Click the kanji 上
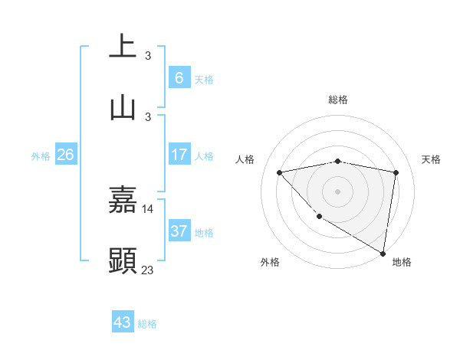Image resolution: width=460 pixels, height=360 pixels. coord(123,46)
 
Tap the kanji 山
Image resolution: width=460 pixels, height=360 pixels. coord(123,108)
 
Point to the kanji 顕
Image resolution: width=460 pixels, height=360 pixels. coord(123,260)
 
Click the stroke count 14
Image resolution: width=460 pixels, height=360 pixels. coord(148,208)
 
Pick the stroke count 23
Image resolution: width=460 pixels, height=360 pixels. coord(148,270)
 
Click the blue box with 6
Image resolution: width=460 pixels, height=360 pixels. coord(179,77)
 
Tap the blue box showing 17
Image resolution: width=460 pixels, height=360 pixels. coord(179,155)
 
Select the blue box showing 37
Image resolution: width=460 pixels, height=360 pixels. coord(179,231)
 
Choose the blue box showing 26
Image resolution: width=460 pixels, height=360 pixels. coord(66,155)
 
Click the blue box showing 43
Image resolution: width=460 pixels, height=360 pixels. coord(123,322)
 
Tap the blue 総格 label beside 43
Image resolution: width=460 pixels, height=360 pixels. coord(147,324)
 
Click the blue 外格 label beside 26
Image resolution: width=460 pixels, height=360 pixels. coord(41,156)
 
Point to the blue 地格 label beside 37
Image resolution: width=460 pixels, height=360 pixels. coord(204,233)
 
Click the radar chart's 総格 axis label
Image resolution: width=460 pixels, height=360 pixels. coord(337,100)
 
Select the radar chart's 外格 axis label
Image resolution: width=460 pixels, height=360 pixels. coord(270,263)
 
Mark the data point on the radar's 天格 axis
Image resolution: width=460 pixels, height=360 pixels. coord(396,172)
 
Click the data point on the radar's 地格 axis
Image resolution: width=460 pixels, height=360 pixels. coord(383,254)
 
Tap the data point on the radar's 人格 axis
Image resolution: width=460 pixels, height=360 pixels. coord(280,172)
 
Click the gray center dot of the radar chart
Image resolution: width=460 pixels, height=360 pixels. coord(337,191)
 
